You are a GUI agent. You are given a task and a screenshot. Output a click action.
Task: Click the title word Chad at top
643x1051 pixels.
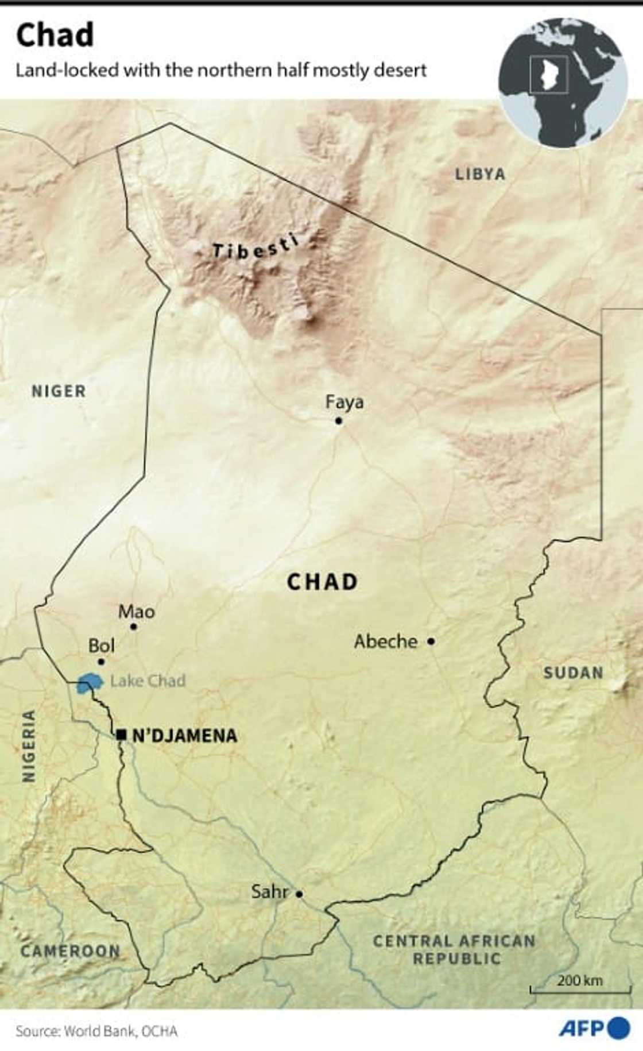[x=55, y=35]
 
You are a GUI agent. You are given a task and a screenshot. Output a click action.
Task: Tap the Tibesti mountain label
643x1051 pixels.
[x=255, y=246]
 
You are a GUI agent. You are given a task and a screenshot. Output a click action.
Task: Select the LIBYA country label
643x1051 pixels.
[x=480, y=174]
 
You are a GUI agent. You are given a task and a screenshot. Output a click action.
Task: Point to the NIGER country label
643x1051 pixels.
[x=59, y=391]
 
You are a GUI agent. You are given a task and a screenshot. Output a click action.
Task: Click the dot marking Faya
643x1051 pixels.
[x=339, y=421]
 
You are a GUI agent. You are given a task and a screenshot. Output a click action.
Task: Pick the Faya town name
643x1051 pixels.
[x=344, y=402]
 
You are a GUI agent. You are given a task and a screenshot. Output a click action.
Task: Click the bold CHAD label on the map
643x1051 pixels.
[x=322, y=582]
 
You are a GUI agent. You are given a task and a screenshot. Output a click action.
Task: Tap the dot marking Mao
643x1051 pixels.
[x=134, y=627]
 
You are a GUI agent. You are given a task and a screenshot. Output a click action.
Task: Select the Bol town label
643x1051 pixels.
[x=101, y=646]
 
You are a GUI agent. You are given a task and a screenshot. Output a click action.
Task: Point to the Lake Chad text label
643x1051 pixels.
[x=148, y=681]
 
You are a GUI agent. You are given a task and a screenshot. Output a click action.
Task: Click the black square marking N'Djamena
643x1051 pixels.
[x=121, y=735]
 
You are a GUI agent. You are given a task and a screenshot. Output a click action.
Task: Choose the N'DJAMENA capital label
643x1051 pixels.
[x=184, y=736]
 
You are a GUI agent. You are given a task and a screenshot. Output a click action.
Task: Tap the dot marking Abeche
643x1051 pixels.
[x=431, y=641]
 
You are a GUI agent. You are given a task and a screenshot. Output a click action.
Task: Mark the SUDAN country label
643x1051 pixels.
[x=573, y=673]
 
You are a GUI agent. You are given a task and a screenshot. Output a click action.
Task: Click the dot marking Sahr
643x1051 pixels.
[x=299, y=894]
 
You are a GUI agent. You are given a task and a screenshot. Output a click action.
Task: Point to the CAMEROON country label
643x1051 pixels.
[x=70, y=950]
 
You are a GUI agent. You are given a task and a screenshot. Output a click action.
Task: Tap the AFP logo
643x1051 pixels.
[x=594, y=1027]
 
